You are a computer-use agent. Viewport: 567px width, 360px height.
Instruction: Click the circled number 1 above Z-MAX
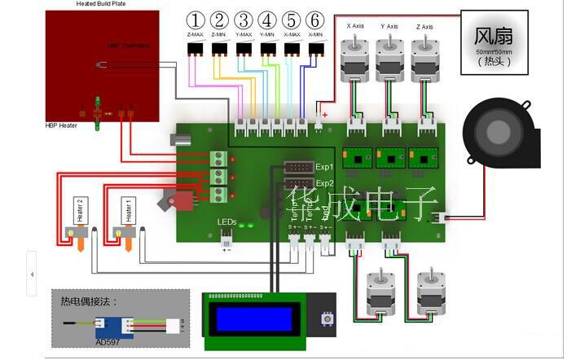(x=196, y=20)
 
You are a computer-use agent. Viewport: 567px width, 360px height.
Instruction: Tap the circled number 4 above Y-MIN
(x=267, y=20)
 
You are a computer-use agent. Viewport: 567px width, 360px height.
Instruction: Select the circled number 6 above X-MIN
(x=315, y=20)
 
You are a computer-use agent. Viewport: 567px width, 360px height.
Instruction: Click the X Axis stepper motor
(x=355, y=55)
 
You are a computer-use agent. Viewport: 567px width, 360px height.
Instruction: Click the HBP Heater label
(x=62, y=125)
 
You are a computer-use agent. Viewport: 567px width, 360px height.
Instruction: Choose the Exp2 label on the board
(x=325, y=183)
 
